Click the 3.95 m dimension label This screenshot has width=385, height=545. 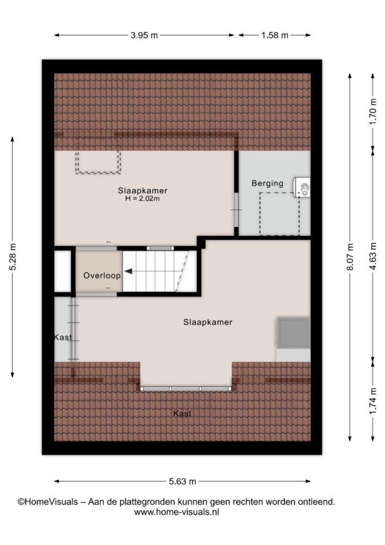[144, 35]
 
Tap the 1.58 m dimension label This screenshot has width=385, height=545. [274, 35]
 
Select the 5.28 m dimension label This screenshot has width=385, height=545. [13, 257]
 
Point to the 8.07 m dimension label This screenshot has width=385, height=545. [350, 257]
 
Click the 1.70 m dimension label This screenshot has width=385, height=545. [373, 112]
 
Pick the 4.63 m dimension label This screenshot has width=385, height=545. [373, 256]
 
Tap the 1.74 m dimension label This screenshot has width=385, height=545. [373, 401]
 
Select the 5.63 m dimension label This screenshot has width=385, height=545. [182, 481]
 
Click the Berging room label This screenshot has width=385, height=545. [267, 183]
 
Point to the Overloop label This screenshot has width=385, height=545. [102, 276]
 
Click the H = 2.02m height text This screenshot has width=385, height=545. [143, 199]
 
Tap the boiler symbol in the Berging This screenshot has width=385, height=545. [302, 187]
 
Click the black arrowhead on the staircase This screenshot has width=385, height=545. [128, 271]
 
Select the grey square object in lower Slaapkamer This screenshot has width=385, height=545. [293, 333]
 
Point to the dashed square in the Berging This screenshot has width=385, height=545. [280, 214]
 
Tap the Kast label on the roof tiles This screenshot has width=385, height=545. [182, 414]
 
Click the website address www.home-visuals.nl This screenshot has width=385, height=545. [177, 512]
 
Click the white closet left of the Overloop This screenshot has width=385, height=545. [63, 271]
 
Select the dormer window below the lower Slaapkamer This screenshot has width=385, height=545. [186, 388]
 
